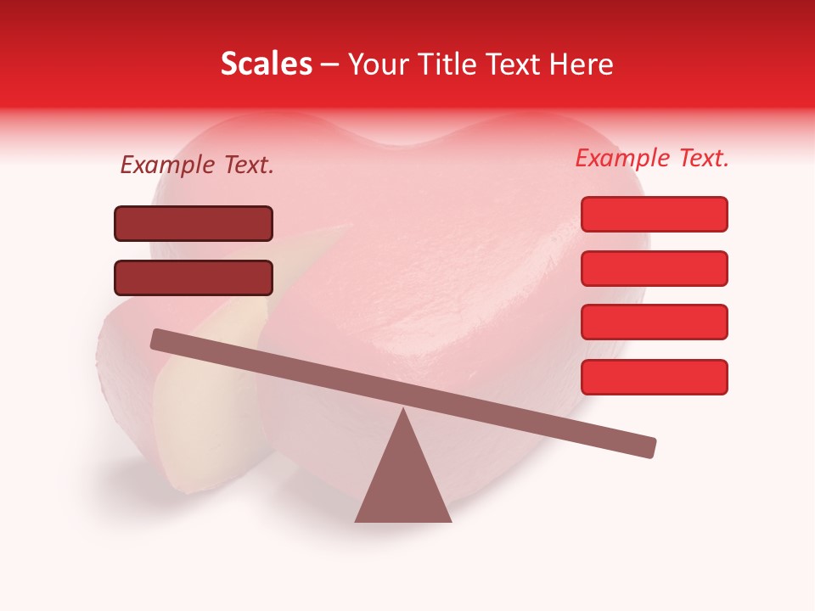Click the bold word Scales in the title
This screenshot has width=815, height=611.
tap(266, 64)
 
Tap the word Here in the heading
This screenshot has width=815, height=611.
tap(582, 64)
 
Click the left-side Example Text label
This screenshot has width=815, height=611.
tap(197, 165)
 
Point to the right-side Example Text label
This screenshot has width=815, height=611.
tap(652, 158)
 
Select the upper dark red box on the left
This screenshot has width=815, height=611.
tap(194, 223)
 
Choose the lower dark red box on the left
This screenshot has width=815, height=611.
tap(194, 277)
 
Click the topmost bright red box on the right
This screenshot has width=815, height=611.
tap(654, 214)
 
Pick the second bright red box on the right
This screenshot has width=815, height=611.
tap(654, 268)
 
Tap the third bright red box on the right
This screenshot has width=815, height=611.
tap(654, 322)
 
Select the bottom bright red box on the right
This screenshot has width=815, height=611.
tap(654, 377)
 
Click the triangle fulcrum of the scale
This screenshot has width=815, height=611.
tap(402, 484)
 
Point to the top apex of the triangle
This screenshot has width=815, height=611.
tap(402, 412)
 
